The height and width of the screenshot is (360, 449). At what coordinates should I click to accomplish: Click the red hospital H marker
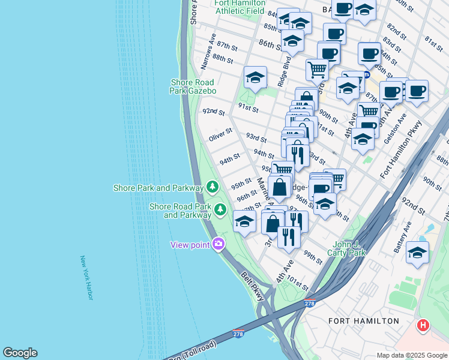pyautogui.click(x=423, y=326)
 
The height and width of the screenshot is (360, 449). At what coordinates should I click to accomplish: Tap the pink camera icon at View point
pyautogui.click(x=218, y=244)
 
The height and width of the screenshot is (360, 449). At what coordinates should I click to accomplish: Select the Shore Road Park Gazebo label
pyautogui.click(x=197, y=86)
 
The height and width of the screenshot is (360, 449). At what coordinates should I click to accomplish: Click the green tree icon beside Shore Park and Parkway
pyautogui.click(x=212, y=188)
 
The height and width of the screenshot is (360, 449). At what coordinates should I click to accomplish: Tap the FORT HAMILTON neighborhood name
pyautogui.click(x=364, y=321)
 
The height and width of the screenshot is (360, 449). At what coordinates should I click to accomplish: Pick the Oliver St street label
pyautogui.click(x=220, y=134)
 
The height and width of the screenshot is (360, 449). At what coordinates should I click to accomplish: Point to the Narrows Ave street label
pyautogui.click(x=208, y=55)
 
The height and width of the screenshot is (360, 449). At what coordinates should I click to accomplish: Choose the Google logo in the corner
pyautogui.click(x=20, y=353)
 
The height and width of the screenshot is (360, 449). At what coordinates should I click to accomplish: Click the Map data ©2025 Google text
pyautogui.click(x=412, y=355)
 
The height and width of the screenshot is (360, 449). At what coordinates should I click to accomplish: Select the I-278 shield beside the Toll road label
pyautogui.click(x=238, y=334)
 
